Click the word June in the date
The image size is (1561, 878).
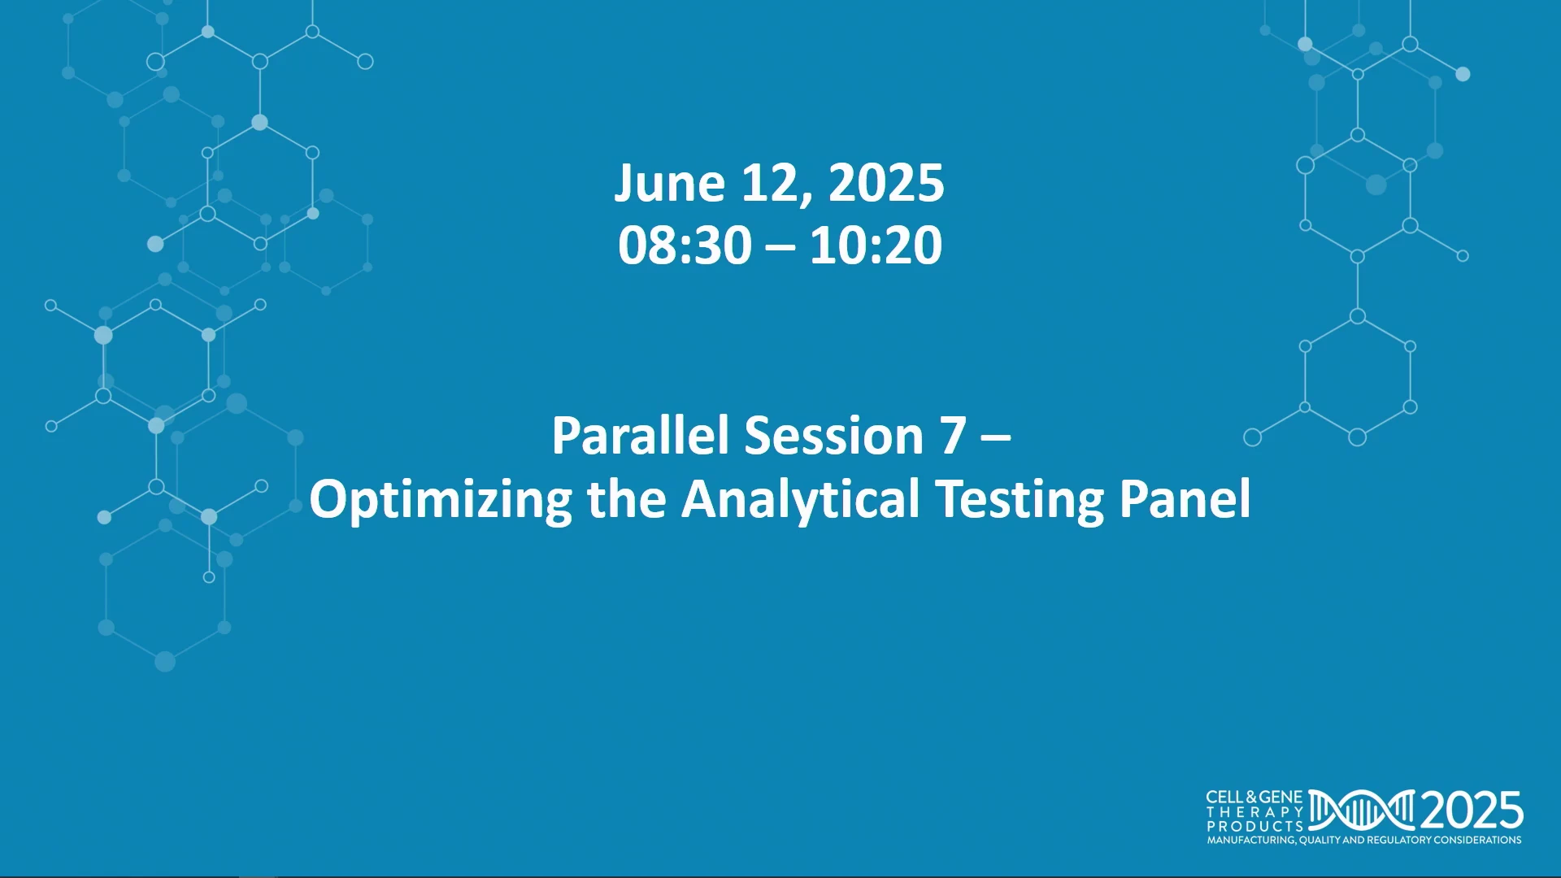coord(669,183)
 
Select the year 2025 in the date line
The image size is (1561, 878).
coord(886,183)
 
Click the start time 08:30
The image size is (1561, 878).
coord(685,245)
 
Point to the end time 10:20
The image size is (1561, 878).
coord(876,245)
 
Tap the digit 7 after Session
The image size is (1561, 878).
coord(954,437)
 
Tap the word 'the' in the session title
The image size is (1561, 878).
coord(627,498)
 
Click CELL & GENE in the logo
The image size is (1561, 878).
coord(1254,798)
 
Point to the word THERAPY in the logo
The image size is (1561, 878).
coord(1254,812)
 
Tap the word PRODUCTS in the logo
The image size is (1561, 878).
coord(1254,826)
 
